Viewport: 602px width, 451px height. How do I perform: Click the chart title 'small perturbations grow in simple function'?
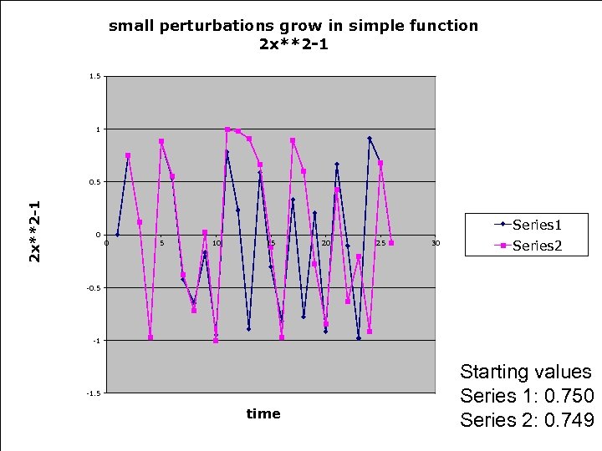(x=293, y=25)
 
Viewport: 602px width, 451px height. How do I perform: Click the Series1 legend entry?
(x=536, y=224)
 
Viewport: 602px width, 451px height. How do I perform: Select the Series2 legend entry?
(x=536, y=245)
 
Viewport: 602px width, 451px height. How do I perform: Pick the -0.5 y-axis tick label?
(x=94, y=288)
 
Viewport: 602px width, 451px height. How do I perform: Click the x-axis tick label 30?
(x=435, y=243)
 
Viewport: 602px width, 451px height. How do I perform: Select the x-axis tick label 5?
(x=161, y=243)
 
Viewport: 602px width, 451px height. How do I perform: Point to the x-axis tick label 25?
(x=380, y=243)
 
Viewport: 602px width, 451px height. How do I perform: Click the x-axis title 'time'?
(x=263, y=413)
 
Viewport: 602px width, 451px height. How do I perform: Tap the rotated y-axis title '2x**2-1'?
(x=34, y=232)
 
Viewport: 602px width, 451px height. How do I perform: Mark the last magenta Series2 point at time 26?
(x=391, y=243)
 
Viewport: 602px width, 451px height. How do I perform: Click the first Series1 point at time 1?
(x=118, y=235)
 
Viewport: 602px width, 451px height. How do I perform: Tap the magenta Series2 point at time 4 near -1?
(x=150, y=337)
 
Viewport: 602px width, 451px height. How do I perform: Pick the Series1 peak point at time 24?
(x=370, y=139)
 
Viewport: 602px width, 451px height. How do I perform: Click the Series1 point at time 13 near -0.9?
(x=249, y=329)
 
